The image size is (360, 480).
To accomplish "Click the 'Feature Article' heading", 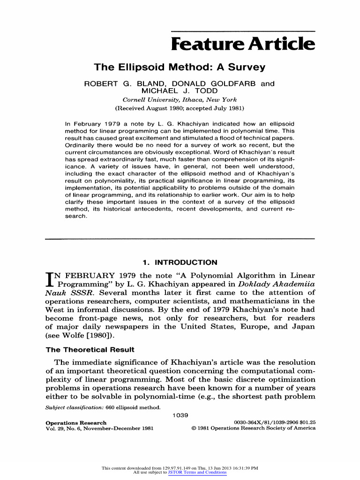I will point(243,45).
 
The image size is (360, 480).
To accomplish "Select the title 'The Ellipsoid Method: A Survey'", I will point(180,67).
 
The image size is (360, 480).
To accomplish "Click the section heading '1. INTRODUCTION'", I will point(180,262).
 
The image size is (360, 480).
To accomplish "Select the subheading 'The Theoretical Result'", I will point(90,350).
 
